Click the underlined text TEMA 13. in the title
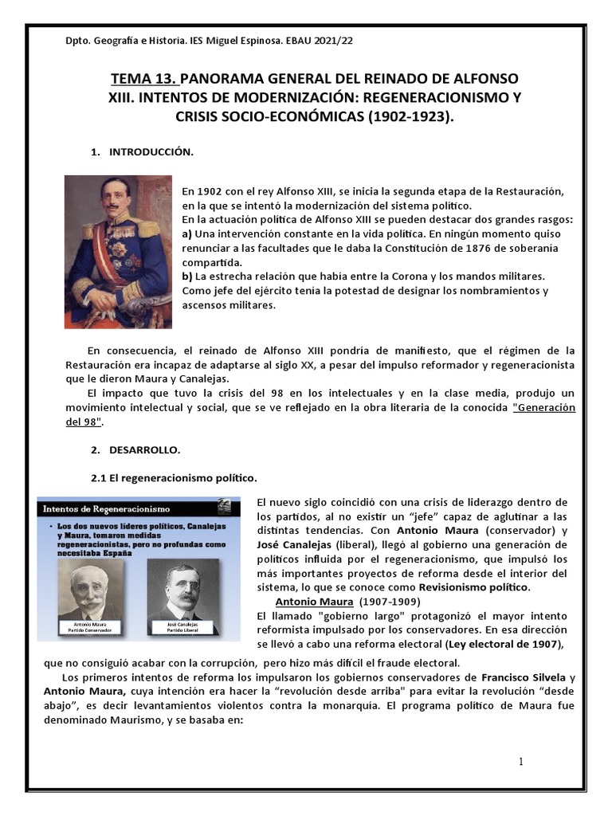click(x=144, y=79)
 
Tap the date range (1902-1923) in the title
click(x=410, y=116)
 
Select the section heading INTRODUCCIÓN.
click(x=151, y=151)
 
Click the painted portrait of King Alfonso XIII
click(x=118, y=253)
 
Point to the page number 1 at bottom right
click(x=521, y=762)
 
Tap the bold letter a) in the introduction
click(x=187, y=233)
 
